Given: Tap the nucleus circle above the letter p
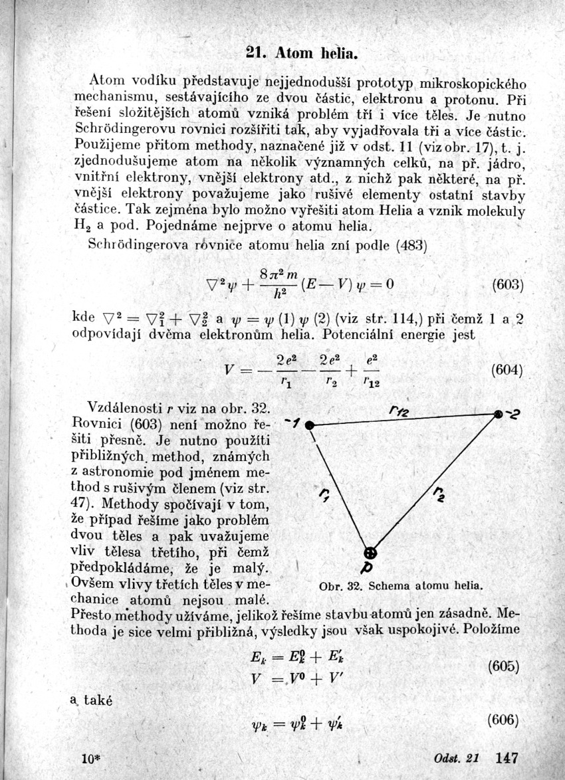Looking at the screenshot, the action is pos(371,552).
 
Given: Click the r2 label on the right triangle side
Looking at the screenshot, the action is pos(439,494).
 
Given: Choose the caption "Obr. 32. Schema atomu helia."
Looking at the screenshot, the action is pos(399,587).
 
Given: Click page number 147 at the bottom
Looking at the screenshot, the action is pos(507,757).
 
